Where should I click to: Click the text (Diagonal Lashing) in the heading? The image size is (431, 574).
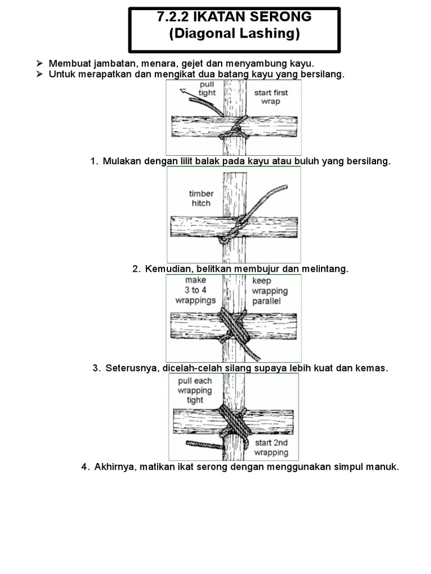[x=235, y=34]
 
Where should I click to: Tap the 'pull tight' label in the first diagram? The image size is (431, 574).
[x=207, y=89]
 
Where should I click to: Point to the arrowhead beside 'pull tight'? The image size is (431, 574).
[x=182, y=90]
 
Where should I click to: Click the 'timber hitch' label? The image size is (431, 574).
[x=201, y=198]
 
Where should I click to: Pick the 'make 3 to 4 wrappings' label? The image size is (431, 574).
[x=195, y=290]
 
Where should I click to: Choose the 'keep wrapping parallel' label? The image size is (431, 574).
[x=270, y=291]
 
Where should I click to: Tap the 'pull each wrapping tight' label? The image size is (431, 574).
[x=195, y=391]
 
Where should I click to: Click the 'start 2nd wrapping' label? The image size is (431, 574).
[x=271, y=447]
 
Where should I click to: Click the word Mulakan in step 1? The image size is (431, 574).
[x=121, y=161]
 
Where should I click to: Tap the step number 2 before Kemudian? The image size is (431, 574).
[x=135, y=269]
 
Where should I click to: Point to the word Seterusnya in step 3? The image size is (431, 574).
[x=131, y=368]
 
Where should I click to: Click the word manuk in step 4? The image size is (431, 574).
[x=383, y=467]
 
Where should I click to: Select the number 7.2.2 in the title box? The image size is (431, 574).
[x=172, y=17]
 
